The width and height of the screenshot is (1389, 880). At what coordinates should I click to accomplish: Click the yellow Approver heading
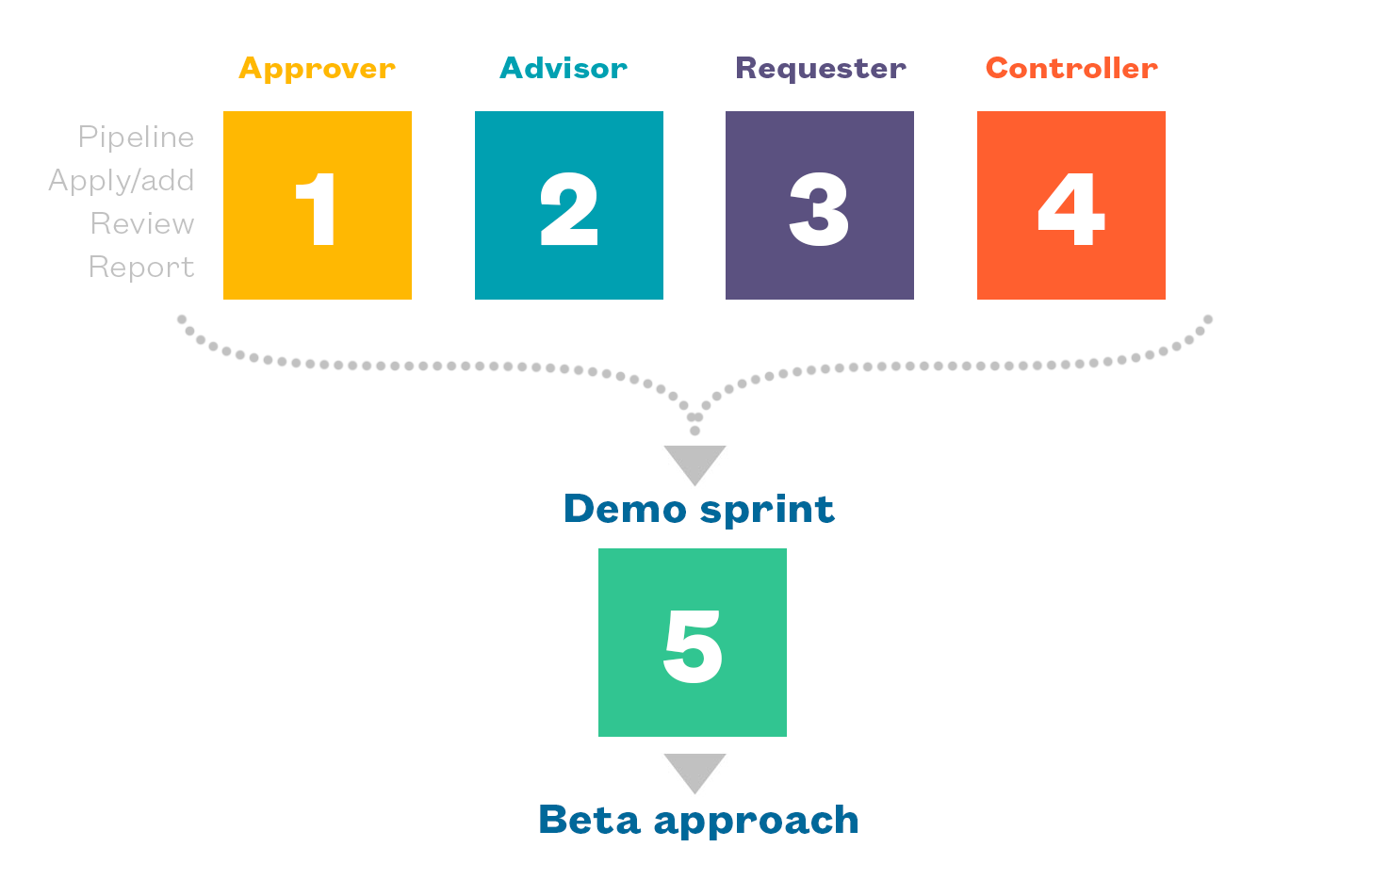pyautogui.click(x=317, y=69)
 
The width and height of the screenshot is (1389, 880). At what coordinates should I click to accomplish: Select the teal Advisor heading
pyautogui.click(x=563, y=68)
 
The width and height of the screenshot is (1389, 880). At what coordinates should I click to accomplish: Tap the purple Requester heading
pyautogui.click(x=821, y=69)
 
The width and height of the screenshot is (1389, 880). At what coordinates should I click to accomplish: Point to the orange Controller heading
pyautogui.click(x=1071, y=68)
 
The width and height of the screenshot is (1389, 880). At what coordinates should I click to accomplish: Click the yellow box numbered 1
pyautogui.click(x=318, y=205)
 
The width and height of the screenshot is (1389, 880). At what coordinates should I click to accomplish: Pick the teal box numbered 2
pyautogui.click(x=568, y=205)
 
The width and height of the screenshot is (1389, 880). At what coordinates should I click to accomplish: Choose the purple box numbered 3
pyautogui.click(x=820, y=205)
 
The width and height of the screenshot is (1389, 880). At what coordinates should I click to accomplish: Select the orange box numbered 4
pyautogui.click(x=1070, y=205)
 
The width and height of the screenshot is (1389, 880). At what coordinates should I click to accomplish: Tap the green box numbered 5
pyautogui.click(x=692, y=643)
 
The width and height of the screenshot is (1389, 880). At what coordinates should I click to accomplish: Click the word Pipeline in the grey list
pyautogui.click(x=136, y=137)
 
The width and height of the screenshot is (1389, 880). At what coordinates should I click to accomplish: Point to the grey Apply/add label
pyautogui.click(x=122, y=181)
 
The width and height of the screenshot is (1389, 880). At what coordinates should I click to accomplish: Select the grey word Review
pyautogui.click(x=142, y=223)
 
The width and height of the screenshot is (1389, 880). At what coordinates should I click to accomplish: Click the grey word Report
pyautogui.click(x=141, y=268)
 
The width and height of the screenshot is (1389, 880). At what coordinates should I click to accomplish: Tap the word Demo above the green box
pyautogui.click(x=625, y=509)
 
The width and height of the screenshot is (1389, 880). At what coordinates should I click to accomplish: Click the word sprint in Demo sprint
pyautogui.click(x=767, y=511)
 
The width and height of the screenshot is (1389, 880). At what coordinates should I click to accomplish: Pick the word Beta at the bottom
pyautogui.click(x=589, y=819)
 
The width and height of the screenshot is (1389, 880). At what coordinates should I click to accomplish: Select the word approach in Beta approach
pyautogui.click(x=757, y=821)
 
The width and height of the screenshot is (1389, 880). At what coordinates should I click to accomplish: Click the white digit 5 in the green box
pyautogui.click(x=693, y=645)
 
